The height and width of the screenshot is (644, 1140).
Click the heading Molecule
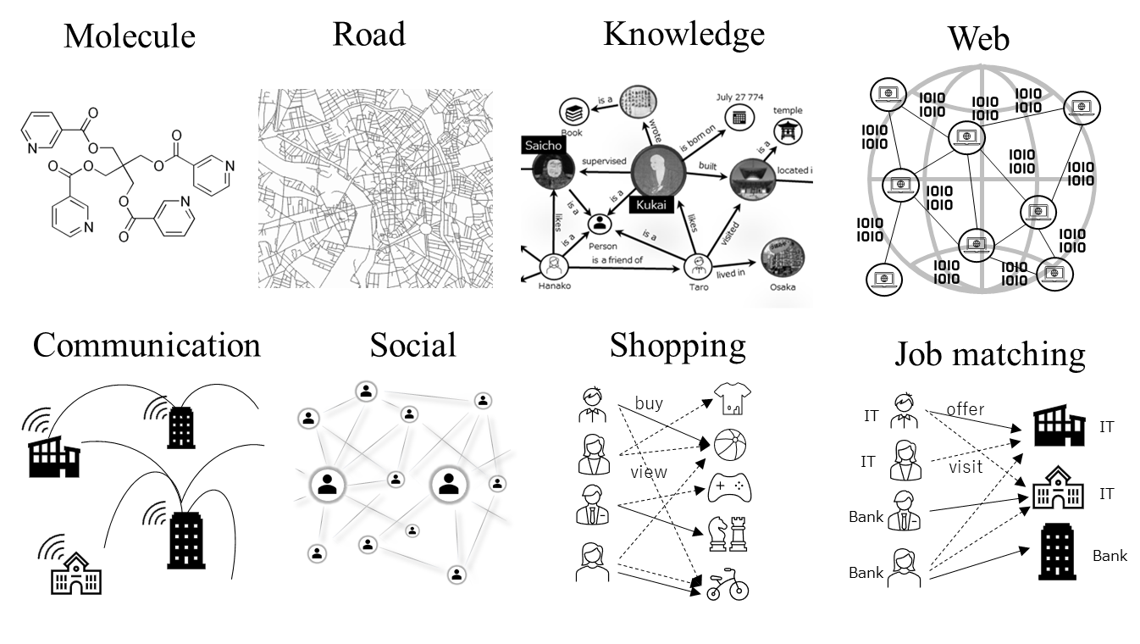click(x=130, y=36)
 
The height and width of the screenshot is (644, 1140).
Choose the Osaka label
click(x=783, y=286)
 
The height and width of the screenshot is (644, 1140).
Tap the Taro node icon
click(x=698, y=265)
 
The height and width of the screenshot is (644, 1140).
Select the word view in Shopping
click(x=649, y=472)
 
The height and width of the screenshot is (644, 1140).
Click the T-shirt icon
click(x=732, y=399)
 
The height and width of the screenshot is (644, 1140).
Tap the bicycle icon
click(x=728, y=586)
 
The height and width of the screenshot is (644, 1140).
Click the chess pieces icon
click(x=728, y=533)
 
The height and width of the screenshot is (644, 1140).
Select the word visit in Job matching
click(x=965, y=466)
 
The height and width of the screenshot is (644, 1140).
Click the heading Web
click(x=978, y=38)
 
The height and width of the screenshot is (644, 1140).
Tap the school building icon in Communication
click(x=75, y=574)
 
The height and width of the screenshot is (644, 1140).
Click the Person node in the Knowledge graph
click(x=600, y=225)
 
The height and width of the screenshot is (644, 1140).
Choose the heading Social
click(x=412, y=345)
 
